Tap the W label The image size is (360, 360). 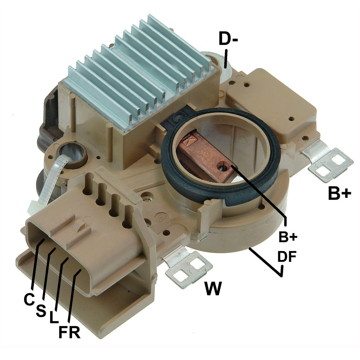pos(213,288)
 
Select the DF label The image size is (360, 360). pos(287,257)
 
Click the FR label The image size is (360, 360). pos(69,332)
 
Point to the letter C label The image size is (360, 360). pos(30,300)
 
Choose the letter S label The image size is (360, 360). pos(41,311)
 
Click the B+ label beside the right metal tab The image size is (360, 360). pos(339,193)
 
